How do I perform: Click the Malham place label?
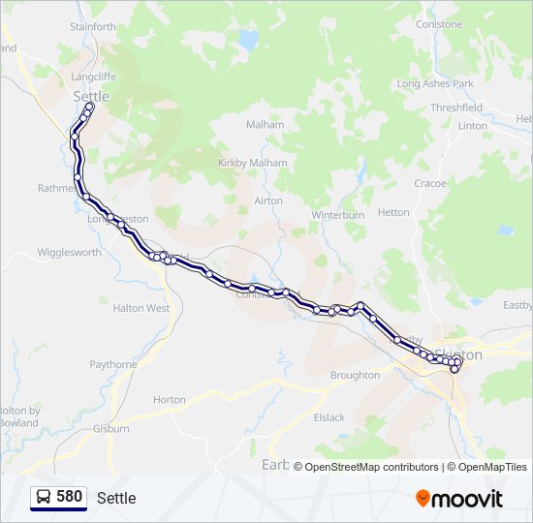pos(266,125)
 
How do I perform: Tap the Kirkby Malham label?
pos(254,163)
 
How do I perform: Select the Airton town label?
pos(268,200)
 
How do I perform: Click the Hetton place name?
pos(393,212)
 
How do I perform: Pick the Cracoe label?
pos(430,183)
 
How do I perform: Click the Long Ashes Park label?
pos(435,84)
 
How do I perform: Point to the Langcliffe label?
pos(93,76)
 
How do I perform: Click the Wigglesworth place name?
pos(69,253)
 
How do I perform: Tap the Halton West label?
pos(141,308)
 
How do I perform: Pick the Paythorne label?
pos(113,364)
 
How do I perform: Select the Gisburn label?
pos(111,428)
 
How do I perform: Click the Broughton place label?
pos(355,375)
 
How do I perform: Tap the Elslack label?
pos(329,417)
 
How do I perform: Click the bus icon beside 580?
pos(44,497)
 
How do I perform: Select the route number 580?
pos(69,497)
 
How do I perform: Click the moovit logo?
pos(459,499)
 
